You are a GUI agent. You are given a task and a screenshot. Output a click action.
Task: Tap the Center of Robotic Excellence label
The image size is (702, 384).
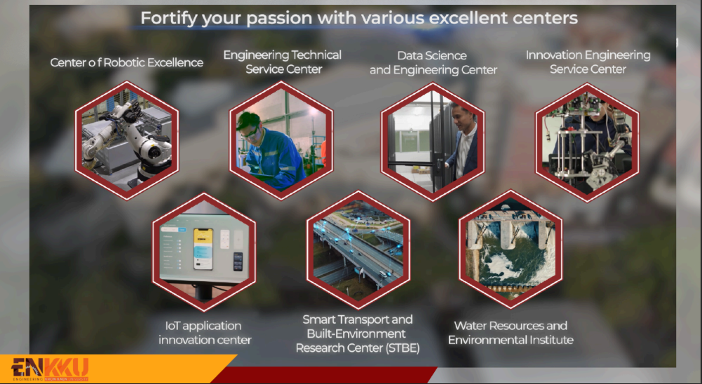pyautogui.click(x=127, y=62)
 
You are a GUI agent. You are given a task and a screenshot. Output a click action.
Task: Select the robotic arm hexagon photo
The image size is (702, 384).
pyautogui.click(x=127, y=140)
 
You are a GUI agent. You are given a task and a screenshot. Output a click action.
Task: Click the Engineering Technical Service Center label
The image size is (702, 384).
pyautogui.click(x=283, y=62)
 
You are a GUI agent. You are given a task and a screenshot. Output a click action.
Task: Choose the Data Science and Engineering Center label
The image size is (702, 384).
pyautogui.click(x=433, y=62)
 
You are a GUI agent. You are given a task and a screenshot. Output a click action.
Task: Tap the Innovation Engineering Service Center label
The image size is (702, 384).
pyautogui.click(x=588, y=62)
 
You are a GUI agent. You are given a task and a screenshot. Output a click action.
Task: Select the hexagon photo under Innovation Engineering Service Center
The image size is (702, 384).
pyautogui.click(x=588, y=142)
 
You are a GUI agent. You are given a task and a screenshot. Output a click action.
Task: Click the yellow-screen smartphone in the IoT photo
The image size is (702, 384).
pyautogui.click(x=203, y=249)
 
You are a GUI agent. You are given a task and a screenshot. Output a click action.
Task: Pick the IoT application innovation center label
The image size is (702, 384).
pyautogui.click(x=205, y=333)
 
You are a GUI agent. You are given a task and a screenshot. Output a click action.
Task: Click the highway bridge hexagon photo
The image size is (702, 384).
pyautogui.click(x=358, y=249)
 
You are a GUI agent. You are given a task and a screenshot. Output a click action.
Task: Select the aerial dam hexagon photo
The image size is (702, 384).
pyautogui.click(x=511, y=249)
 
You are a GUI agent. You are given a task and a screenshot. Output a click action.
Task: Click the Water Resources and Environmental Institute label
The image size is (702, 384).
pyautogui.click(x=511, y=333)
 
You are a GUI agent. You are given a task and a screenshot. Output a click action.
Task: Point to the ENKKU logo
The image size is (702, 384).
pyautogui.click(x=50, y=369)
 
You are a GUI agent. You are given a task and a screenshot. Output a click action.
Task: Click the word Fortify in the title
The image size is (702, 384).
pyautogui.click(x=169, y=18)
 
